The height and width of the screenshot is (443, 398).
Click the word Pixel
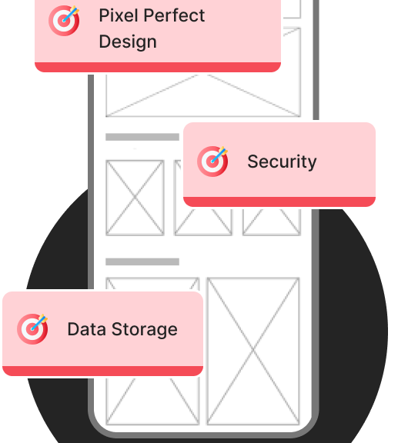click(119, 15)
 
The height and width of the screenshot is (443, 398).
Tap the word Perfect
click(174, 15)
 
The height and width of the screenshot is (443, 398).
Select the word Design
click(128, 42)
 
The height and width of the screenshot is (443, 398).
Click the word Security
click(282, 162)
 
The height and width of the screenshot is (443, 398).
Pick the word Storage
click(145, 329)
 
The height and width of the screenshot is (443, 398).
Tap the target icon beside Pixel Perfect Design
click(64, 20)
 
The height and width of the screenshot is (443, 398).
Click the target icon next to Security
click(212, 162)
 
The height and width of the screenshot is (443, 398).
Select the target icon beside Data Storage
click(32, 329)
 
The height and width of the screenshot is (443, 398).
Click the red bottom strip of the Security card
click(279, 202)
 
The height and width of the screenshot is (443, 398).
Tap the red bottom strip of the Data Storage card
click(102, 371)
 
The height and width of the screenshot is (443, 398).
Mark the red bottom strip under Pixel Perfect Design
click(158, 67)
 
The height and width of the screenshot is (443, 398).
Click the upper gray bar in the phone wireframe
click(142, 137)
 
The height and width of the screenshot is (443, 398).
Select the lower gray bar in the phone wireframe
click(142, 261)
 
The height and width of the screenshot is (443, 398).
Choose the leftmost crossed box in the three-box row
click(135, 198)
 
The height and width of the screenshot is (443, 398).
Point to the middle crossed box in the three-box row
click(203, 222)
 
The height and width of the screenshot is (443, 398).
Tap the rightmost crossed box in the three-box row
click(272, 222)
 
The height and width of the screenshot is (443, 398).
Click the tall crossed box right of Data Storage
click(253, 351)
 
